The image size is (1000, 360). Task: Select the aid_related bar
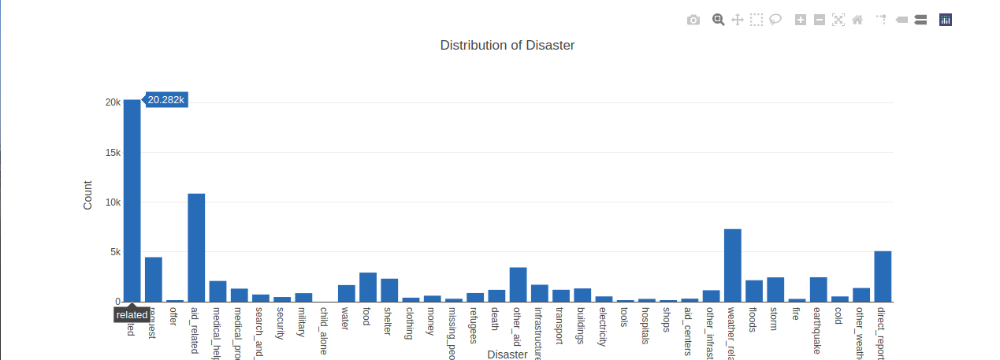(196, 247)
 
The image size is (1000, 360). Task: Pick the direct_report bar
(883, 276)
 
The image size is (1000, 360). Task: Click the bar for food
(368, 288)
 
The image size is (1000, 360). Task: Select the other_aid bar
(518, 284)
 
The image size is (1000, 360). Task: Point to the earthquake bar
(818, 289)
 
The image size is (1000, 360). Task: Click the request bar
(153, 280)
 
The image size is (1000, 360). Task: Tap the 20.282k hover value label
(166, 99)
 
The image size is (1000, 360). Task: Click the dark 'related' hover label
(132, 314)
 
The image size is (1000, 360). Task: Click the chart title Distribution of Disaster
(507, 45)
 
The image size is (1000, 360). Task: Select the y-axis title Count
(87, 195)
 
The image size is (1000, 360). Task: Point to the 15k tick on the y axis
(112, 152)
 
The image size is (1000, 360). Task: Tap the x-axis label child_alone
(323, 331)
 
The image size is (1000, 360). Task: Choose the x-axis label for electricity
(603, 327)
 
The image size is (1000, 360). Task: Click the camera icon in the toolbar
(693, 20)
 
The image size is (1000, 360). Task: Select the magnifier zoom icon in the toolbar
(718, 20)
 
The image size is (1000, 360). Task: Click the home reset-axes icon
(857, 20)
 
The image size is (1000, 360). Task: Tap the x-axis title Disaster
(507, 354)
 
